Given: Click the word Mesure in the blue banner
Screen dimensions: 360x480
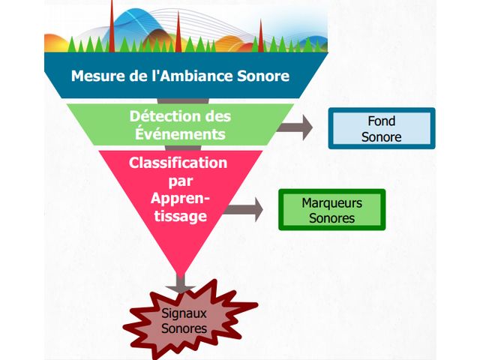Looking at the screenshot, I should [95, 76].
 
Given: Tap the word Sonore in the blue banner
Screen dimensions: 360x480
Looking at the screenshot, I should [265, 76].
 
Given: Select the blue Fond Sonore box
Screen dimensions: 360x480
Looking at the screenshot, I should [381, 128].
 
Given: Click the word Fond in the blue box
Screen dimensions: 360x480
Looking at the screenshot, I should [381, 121].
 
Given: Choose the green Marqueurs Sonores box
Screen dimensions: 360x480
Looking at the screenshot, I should [331, 210].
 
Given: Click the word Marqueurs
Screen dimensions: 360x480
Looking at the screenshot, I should [331, 202].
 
